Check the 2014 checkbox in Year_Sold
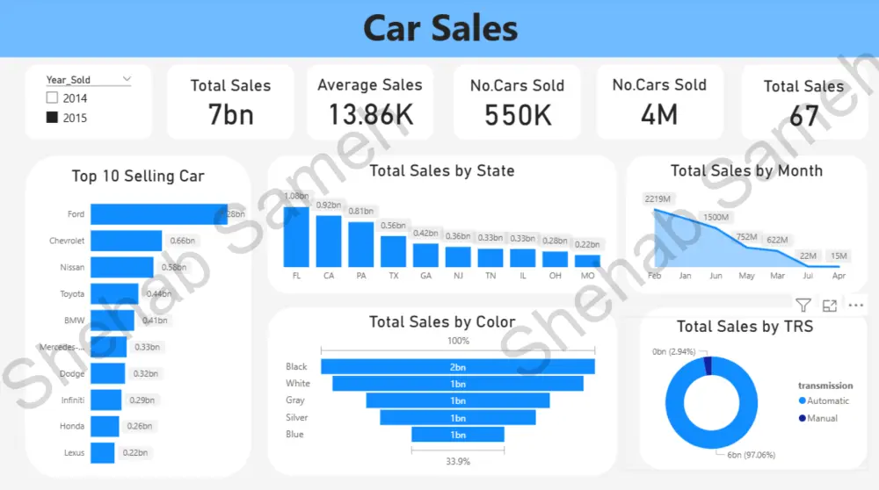pyautogui.click(x=52, y=98)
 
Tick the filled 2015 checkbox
pyautogui.click(x=52, y=118)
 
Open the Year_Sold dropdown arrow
pyautogui.click(x=127, y=79)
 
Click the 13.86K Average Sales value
pyautogui.click(x=369, y=114)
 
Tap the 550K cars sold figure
pyautogui.click(x=517, y=115)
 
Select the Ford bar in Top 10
pyautogui.click(x=158, y=214)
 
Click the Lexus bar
pyautogui.click(x=103, y=453)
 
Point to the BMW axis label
pyautogui.click(x=75, y=321)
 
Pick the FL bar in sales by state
pyautogui.click(x=296, y=236)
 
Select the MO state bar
pyautogui.click(x=587, y=261)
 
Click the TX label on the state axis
pyautogui.click(x=393, y=276)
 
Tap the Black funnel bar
pyautogui.click(x=457, y=367)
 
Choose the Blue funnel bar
pyautogui.click(x=457, y=435)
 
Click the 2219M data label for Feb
pyautogui.click(x=657, y=198)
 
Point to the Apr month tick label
pyautogui.click(x=839, y=276)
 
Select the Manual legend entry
pyautogui.click(x=822, y=418)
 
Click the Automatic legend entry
pyautogui.click(x=828, y=401)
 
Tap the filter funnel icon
pyautogui.click(x=803, y=306)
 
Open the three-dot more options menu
pyautogui.click(x=856, y=306)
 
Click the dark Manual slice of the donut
pyautogui.click(x=708, y=365)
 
